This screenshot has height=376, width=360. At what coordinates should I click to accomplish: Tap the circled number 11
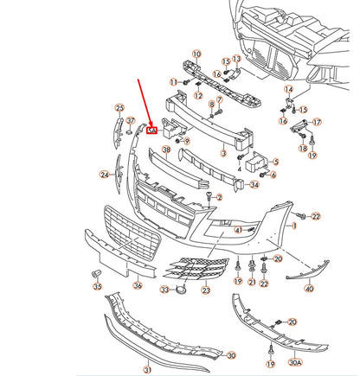(173, 81)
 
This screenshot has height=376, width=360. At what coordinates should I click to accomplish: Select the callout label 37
(131, 121)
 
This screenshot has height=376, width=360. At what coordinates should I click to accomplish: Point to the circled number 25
(119, 107)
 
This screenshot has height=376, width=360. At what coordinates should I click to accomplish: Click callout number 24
(104, 174)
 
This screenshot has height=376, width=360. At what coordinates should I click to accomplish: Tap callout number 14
(288, 89)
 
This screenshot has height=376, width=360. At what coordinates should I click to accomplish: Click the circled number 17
(316, 122)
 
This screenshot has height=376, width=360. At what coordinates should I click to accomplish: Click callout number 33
(164, 290)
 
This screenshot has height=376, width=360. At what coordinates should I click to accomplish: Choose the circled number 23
(205, 290)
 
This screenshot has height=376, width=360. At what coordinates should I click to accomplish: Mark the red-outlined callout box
(151, 131)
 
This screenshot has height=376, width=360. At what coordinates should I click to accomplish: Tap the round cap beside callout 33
(180, 290)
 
